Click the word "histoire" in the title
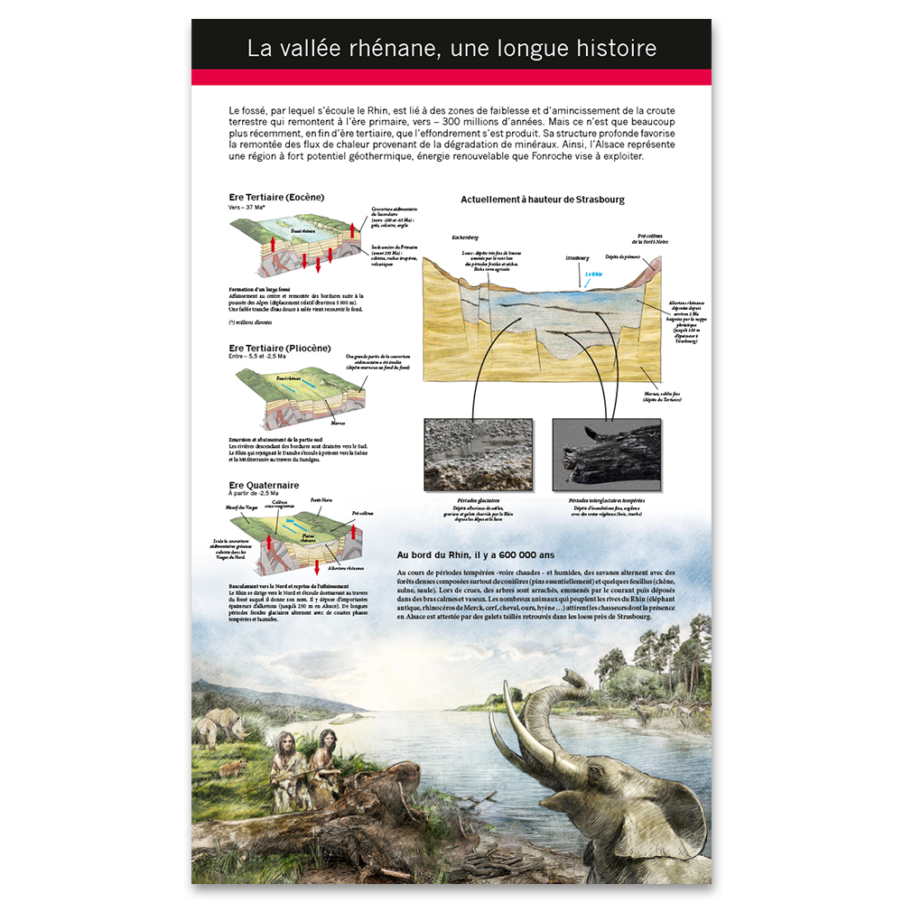coord(609,48)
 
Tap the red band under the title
coord(451,77)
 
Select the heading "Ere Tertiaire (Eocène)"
coord(276,197)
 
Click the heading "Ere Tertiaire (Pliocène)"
coord(280,348)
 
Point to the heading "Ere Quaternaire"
coord(264,485)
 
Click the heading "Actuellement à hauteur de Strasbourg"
coord(543,200)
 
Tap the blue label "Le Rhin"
coord(592,274)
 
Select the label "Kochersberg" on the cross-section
coord(465,238)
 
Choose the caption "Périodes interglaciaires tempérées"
coord(606,499)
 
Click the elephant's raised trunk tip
coord(572,675)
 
